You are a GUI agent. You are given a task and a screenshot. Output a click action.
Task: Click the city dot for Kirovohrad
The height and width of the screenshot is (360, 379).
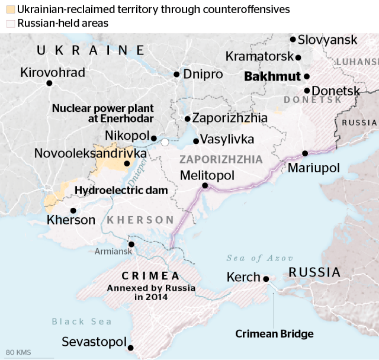pos(50,83)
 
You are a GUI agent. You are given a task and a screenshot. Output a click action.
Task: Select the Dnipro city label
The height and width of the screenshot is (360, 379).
pos(203,75)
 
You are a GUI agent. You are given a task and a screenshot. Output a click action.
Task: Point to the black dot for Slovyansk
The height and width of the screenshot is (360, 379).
pos(293,39)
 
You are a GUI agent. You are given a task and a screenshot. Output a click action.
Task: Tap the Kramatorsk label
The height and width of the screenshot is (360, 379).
pos(259,57)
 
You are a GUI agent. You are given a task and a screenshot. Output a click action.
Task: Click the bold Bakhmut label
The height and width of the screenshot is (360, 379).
pos(272,76)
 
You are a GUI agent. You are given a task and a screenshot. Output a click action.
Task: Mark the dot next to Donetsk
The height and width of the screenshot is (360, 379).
pos(307,91)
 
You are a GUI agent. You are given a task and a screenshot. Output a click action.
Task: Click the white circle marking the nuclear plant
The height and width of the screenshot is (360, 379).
pos(165,142)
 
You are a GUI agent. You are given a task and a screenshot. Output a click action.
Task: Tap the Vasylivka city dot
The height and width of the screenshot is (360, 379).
pos(195,141)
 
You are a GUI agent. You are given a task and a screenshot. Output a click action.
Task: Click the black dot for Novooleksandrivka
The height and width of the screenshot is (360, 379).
pos(126,164)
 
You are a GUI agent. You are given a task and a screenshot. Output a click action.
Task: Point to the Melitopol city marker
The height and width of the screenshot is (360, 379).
pos(205,185)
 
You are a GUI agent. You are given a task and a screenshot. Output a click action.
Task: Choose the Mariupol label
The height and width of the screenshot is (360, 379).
pos(314,168)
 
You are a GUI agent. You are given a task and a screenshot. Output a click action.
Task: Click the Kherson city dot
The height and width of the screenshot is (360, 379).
pos(73,210)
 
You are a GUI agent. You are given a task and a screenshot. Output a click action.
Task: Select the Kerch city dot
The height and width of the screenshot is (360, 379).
pos(266,278)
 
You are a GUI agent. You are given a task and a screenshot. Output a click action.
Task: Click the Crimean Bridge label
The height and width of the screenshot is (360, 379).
pos(274,334)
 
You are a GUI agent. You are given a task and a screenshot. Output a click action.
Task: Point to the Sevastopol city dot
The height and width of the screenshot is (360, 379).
pos(130,348)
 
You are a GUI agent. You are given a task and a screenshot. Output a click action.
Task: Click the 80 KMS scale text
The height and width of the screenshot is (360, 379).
pos(18,353)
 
